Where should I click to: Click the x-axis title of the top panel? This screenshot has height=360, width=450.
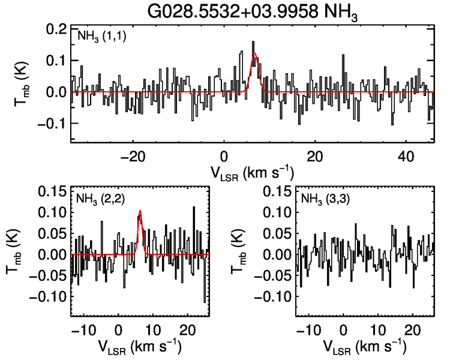[252, 172]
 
